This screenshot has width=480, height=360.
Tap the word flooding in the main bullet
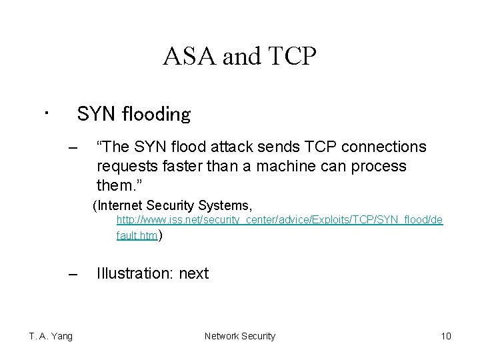click(x=158, y=115)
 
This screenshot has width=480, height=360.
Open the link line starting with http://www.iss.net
click(x=279, y=219)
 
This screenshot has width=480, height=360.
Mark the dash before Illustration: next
click(x=73, y=274)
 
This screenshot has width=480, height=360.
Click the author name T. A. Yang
click(x=51, y=336)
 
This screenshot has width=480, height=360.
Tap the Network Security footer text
click(x=239, y=336)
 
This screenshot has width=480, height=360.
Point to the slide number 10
click(x=446, y=336)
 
